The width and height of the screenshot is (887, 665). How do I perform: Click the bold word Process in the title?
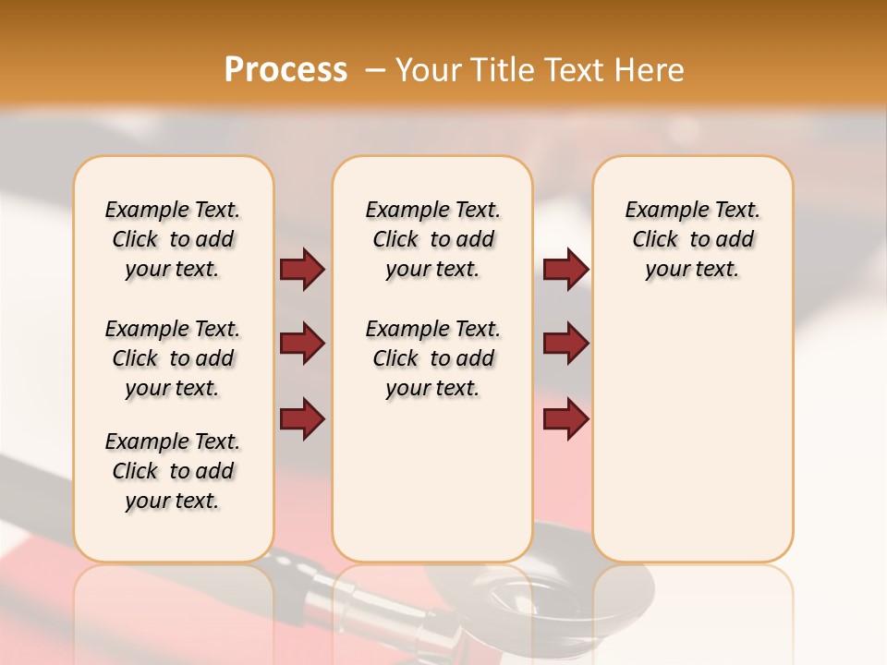click(x=286, y=70)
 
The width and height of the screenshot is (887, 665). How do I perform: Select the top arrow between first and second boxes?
click(x=302, y=270)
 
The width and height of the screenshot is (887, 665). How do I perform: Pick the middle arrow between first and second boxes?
click(x=302, y=344)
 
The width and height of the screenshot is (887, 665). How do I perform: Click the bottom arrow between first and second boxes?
click(x=302, y=418)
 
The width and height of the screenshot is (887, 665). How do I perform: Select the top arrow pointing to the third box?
click(x=565, y=270)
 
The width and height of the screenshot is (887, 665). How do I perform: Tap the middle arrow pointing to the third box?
click(x=565, y=344)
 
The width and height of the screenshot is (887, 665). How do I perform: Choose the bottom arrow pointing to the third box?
click(x=565, y=418)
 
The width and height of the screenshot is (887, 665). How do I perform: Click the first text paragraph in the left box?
click(x=173, y=239)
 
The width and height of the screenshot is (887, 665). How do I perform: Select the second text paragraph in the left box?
click(x=173, y=358)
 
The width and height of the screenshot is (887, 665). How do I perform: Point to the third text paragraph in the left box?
click(x=173, y=471)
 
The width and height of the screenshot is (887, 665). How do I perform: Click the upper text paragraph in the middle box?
click(x=432, y=239)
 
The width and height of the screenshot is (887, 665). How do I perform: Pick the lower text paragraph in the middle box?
click(x=432, y=358)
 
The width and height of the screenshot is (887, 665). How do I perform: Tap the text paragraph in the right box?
click(x=692, y=239)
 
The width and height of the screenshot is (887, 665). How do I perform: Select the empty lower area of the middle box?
click(x=432, y=480)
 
